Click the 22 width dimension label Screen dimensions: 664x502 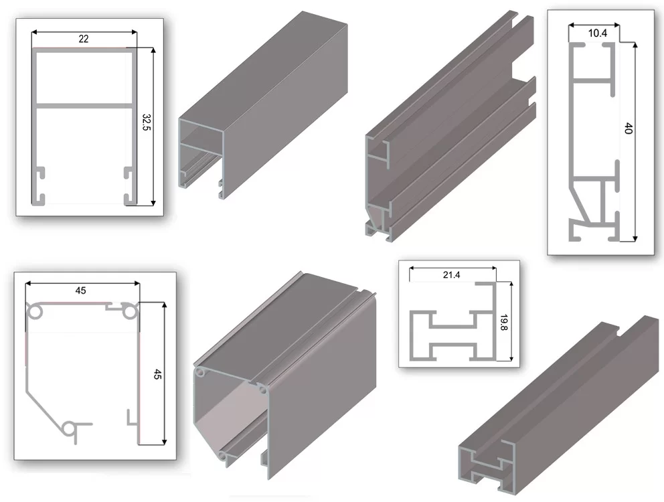point(84,39)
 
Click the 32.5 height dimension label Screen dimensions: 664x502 point(146,122)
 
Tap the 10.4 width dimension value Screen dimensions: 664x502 point(598,33)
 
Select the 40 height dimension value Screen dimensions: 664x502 point(628,129)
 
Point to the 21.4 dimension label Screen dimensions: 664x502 point(451,275)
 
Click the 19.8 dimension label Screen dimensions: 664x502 point(503,323)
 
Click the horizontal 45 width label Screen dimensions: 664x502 point(80,290)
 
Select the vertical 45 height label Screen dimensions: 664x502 point(157,374)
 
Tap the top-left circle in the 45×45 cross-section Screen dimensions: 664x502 point(35,312)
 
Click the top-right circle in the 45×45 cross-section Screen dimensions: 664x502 point(130,312)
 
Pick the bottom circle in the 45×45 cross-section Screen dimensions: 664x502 point(68,429)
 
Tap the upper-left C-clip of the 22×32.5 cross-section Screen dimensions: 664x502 point(39,173)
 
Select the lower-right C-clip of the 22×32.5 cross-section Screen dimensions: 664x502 point(129,198)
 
